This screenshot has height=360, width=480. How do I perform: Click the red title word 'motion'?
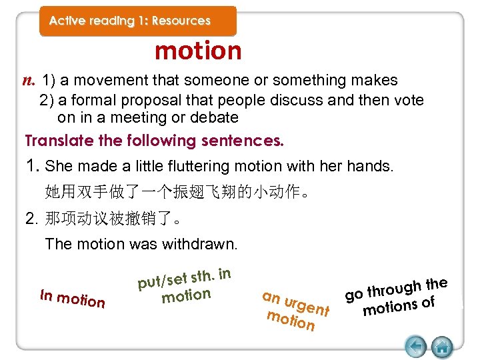coord(198,51)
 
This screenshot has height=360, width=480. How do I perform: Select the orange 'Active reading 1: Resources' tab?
coord(138,21)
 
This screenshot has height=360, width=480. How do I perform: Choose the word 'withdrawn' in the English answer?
coord(201,244)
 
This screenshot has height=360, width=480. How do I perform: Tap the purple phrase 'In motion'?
coord(73,297)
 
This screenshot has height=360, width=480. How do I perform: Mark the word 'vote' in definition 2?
coord(409,100)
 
